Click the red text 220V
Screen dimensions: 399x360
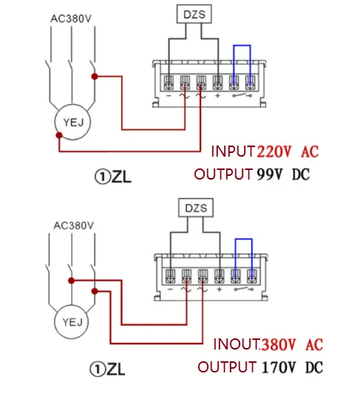[275, 152]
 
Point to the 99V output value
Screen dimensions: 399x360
[271, 175]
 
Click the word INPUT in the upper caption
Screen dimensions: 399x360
[233, 152]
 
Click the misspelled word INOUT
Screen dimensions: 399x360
[236, 344]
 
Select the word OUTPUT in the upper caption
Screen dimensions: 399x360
[223, 175]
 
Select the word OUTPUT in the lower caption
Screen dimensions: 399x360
[226, 367]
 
